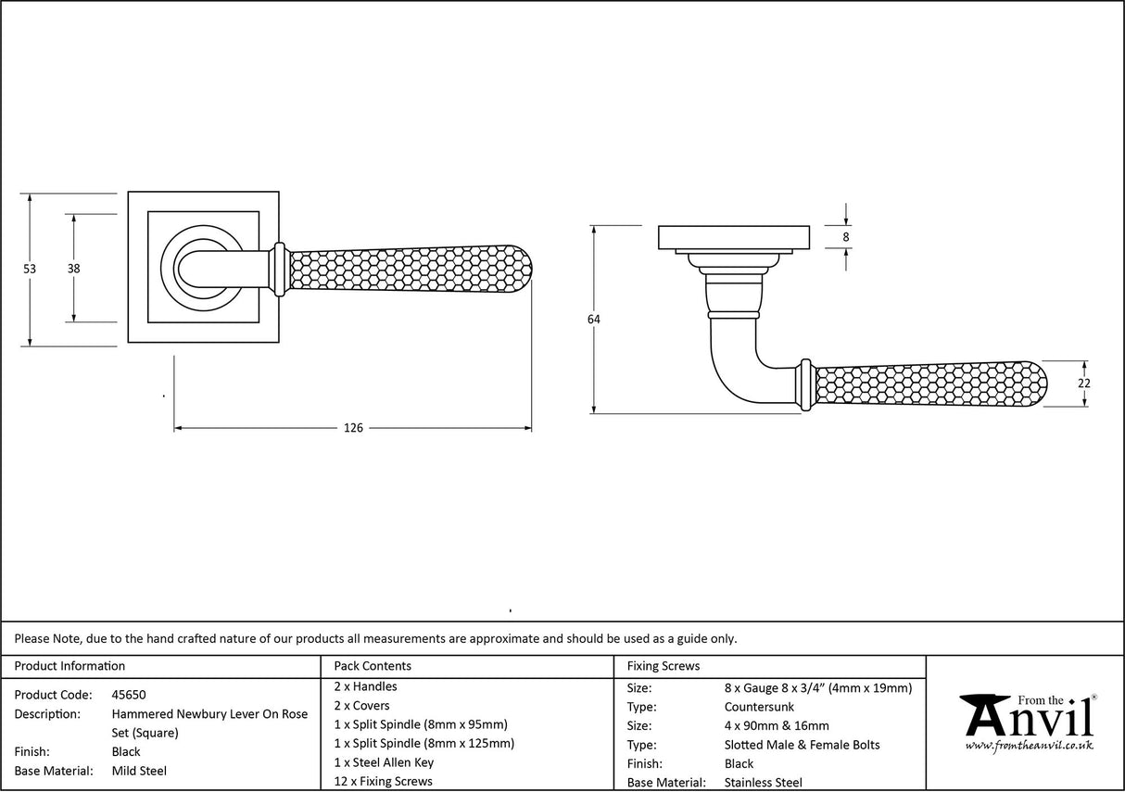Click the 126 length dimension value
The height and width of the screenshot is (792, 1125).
click(x=353, y=428)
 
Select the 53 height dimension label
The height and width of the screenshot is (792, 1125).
click(x=30, y=269)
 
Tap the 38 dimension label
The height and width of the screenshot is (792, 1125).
click(x=73, y=269)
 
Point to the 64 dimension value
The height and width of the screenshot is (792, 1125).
click(x=593, y=320)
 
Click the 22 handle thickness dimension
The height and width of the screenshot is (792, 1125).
click(x=1085, y=383)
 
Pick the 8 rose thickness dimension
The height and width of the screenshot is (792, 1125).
click(x=846, y=237)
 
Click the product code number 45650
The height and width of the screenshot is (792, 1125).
click(x=129, y=695)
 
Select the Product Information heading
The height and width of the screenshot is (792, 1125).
click(x=70, y=666)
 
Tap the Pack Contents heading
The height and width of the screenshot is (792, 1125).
click(x=373, y=666)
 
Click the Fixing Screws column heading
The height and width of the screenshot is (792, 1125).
click(x=664, y=666)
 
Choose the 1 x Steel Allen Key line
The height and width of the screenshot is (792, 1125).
click(x=384, y=762)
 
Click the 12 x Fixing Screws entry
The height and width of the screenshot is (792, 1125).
click(x=383, y=782)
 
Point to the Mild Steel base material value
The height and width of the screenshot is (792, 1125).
click(x=139, y=771)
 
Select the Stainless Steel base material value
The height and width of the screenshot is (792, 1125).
click(x=764, y=783)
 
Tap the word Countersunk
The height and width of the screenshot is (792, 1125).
click(x=759, y=707)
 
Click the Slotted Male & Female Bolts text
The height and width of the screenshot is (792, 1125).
click(x=802, y=745)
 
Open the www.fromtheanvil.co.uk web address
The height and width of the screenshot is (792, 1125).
click(x=1029, y=746)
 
